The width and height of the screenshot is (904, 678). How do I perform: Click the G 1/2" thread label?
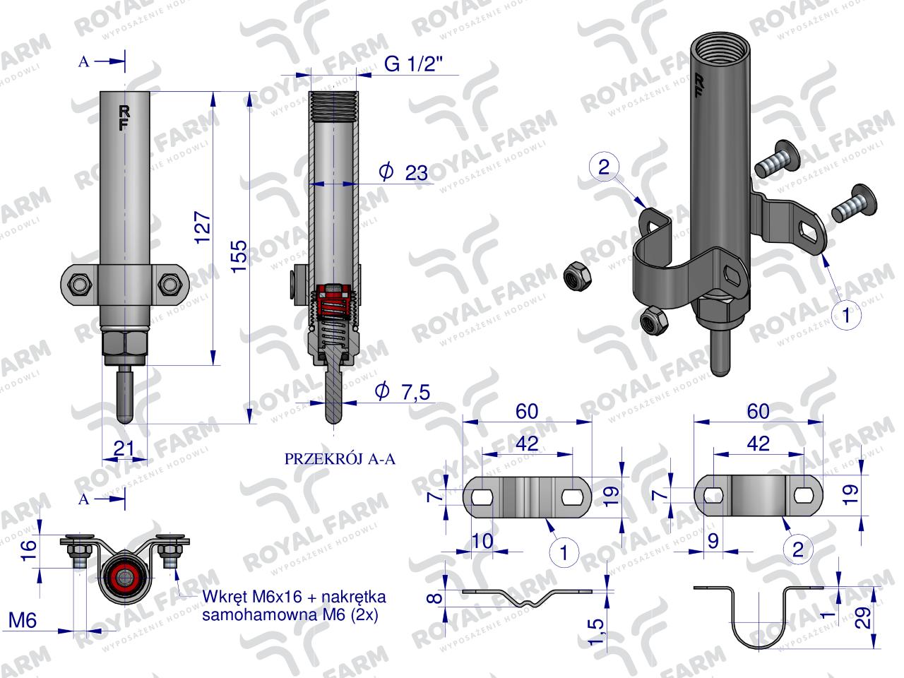click(x=413, y=65)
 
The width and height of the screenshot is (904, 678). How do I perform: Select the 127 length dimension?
click(x=203, y=226)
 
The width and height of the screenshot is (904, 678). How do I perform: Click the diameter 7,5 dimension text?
click(x=404, y=391)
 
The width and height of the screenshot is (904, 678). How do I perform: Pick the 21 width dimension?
click(x=124, y=446)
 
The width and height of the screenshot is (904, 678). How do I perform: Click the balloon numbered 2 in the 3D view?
click(x=603, y=167)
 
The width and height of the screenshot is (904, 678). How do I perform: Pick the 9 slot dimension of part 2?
click(x=713, y=541)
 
